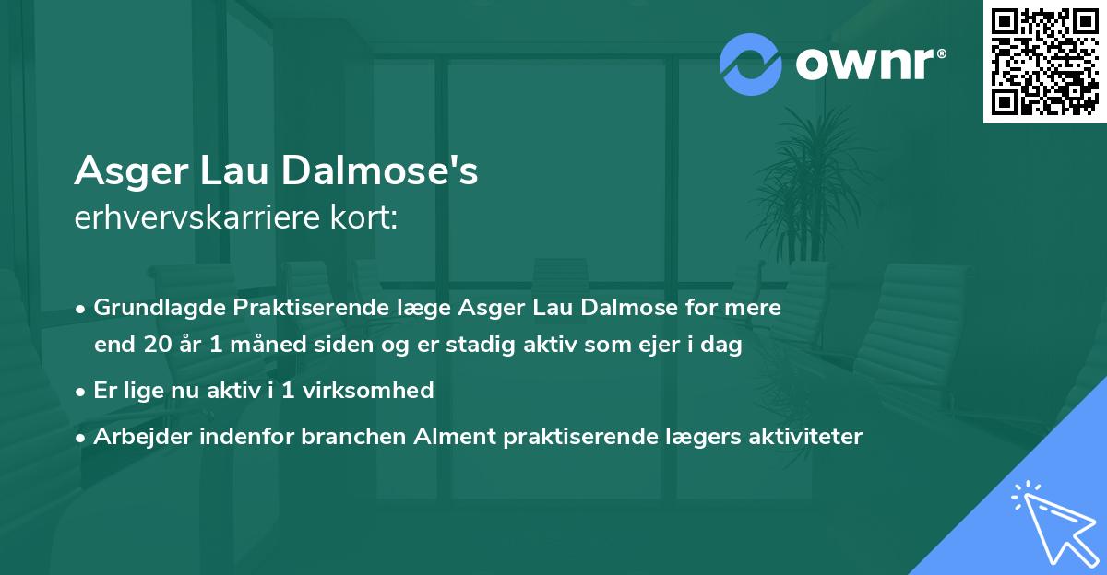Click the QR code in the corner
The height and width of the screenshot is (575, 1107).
1044,61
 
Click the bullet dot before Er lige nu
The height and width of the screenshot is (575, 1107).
82,391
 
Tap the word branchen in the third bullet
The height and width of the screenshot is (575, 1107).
342,436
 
